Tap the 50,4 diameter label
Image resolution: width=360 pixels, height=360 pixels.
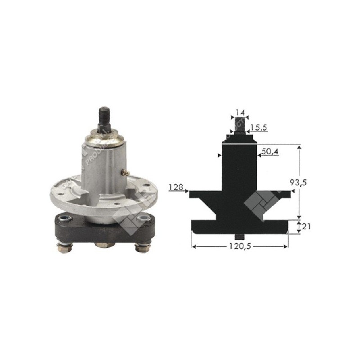pos(270,152)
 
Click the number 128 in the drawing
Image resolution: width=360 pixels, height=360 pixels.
pos(175,186)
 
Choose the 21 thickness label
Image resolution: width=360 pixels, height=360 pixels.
pos(306,226)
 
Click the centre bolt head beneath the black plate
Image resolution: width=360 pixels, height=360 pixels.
pos(103,245)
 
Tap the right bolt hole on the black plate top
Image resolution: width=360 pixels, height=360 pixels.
pos(144,218)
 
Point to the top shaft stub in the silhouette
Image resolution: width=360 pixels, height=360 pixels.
pos(239,124)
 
